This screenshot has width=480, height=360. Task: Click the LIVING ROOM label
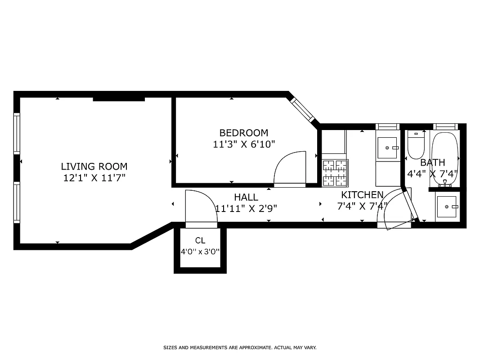(x=94, y=166)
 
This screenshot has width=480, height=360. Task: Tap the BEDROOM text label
(x=243, y=133)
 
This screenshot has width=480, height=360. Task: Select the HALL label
(x=246, y=197)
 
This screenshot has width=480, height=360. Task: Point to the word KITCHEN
(x=362, y=195)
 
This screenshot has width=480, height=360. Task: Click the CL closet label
(x=200, y=240)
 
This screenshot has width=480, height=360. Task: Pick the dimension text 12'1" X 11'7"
(x=94, y=178)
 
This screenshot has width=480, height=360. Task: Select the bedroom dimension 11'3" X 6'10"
(x=243, y=144)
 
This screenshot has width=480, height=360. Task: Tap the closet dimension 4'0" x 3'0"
(x=200, y=252)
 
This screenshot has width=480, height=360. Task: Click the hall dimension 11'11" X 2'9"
(x=246, y=208)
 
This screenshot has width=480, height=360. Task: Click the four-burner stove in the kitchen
(x=335, y=173)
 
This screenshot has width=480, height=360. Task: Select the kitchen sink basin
(x=387, y=148)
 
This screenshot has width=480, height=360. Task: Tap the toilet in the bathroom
(x=416, y=144)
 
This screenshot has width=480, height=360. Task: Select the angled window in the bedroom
(x=302, y=109)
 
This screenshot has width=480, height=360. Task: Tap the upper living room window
(x=17, y=134)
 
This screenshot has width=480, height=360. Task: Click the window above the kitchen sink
(x=387, y=126)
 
